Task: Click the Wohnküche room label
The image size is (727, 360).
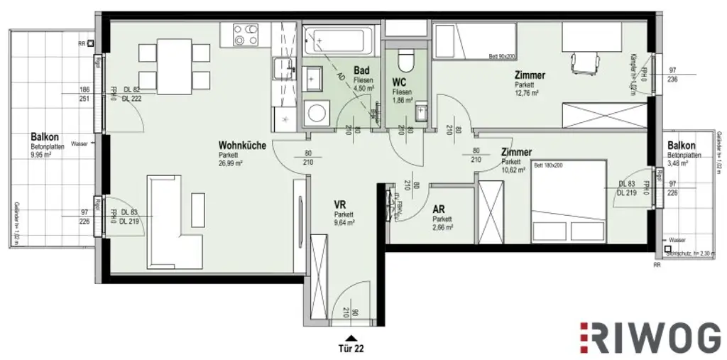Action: point(242,146)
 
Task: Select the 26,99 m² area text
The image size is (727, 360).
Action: point(231,163)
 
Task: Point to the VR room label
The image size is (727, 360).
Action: point(339,204)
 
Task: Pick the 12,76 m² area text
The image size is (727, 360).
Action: point(528,92)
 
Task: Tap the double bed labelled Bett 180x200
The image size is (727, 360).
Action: point(568,201)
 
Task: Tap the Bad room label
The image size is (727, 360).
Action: point(361,71)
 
